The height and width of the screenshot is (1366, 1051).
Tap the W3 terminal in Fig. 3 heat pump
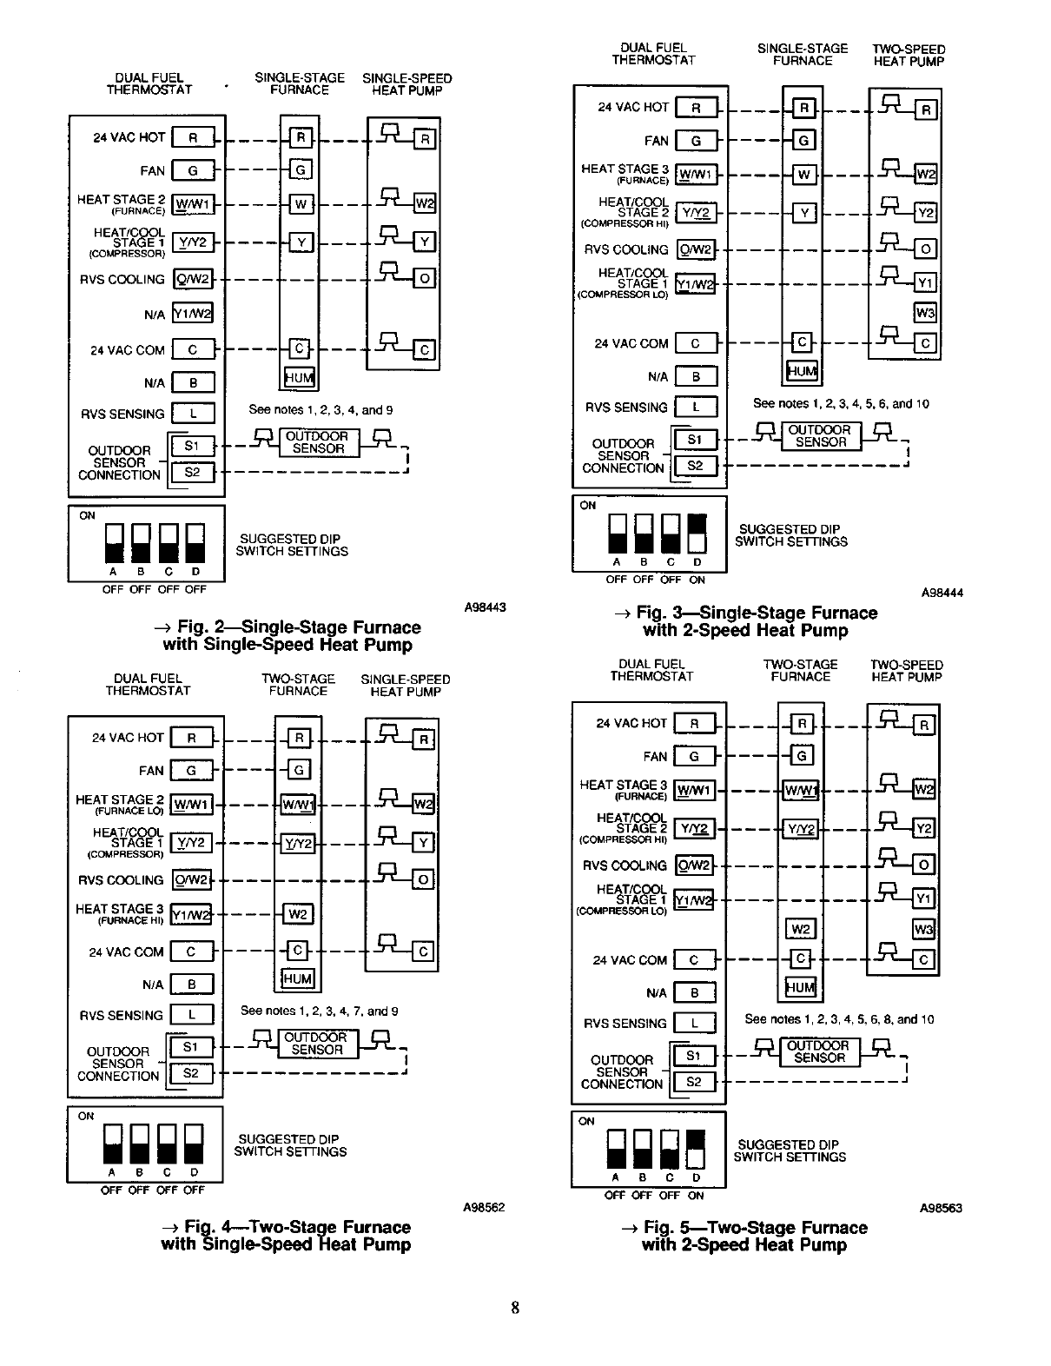925,312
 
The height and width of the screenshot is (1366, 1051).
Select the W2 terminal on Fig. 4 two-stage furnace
297,914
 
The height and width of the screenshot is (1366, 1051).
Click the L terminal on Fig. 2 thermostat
193,414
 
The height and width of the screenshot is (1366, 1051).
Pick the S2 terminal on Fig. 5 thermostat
693,1082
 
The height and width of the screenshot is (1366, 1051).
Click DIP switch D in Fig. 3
697,533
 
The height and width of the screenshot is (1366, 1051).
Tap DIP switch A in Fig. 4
113,1144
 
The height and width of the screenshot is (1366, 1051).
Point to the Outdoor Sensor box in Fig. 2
318,443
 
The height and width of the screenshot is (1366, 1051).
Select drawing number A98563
942,1208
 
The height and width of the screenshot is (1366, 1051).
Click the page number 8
515,1308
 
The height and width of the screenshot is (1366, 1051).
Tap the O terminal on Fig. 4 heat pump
423,879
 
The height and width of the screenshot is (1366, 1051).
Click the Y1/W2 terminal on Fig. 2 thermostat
193,314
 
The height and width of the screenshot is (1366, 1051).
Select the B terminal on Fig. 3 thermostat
696,376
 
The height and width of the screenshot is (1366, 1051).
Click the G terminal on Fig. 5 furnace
801,755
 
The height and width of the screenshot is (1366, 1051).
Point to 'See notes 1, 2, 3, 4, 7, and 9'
319,1011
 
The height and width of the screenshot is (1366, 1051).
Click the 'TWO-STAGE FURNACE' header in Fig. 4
298,685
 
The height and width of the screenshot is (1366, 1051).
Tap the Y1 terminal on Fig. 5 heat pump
924,899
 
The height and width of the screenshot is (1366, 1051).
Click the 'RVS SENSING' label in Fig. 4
121,1015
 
